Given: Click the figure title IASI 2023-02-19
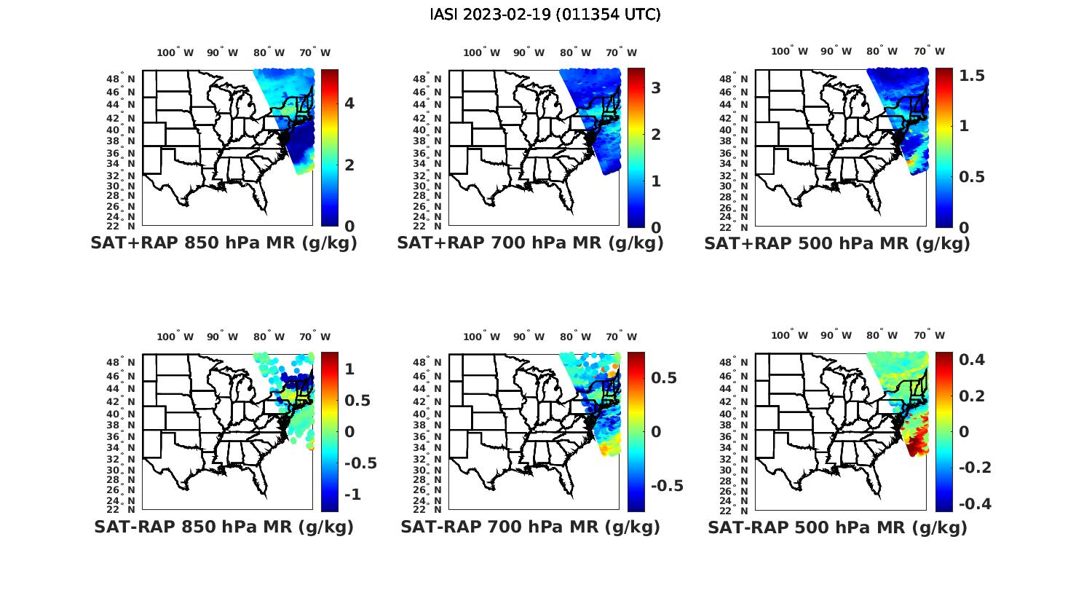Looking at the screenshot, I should [545, 15].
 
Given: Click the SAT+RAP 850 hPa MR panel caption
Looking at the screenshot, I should [223, 243].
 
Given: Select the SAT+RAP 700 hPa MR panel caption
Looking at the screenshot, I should [530, 243].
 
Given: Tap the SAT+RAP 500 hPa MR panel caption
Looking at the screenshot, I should [836, 243].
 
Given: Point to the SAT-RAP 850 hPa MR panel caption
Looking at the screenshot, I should [223, 527].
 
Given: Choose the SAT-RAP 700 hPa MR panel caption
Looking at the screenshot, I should [530, 527].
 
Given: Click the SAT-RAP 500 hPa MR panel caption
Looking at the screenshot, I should [837, 527].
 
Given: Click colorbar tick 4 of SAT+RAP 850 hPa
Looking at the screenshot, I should [349, 103].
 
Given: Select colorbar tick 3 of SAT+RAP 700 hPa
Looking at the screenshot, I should [655, 88].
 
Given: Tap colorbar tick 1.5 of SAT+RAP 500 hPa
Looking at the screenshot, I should [972, 76].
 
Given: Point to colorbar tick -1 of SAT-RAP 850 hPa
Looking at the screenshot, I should [352, 494].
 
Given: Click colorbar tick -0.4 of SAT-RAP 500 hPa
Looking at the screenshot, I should [973, 503].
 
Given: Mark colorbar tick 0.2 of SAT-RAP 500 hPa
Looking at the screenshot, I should [973, 396].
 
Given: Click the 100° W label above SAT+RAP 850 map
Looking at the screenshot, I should [175, 52].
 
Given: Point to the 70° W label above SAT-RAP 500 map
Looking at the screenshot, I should [929, 336].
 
